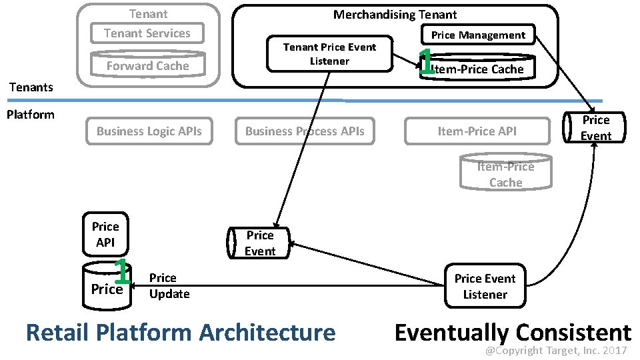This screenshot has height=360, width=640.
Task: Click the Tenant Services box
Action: click(147, 33)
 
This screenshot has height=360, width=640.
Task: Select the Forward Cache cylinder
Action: click(148, 65)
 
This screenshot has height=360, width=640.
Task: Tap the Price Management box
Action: click(478, 35)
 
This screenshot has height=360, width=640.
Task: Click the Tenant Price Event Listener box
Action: click(329, 54)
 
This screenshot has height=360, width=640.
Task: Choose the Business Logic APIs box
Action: click(149, 131)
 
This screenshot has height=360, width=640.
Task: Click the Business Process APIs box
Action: click(305, 131)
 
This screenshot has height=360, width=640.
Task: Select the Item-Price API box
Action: click(477, 131)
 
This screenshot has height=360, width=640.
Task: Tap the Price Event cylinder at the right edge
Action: click(595, 128)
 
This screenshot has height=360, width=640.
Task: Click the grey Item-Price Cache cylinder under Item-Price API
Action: click(505, 173)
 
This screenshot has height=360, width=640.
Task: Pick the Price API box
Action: click(105, 234)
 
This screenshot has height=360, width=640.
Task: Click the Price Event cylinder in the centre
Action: click(259, 243)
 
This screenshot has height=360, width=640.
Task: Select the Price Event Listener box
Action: click(485, 287)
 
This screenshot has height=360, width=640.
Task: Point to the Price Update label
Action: click(169, 286)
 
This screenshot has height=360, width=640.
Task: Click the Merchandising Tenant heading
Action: click(395, 15)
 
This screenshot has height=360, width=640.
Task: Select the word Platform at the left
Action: click(30, 115)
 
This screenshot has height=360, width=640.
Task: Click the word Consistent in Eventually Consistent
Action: click(572, 332)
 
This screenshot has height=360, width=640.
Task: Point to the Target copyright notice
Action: click(555, 351)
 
